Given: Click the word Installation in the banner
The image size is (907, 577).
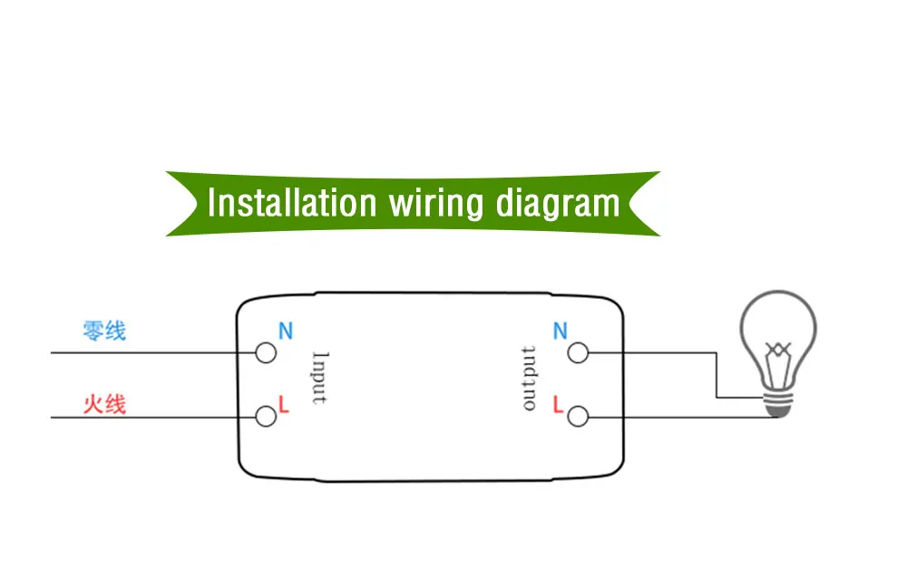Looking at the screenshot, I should (291, 202).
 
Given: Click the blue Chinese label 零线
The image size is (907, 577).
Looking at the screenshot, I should (104, 331).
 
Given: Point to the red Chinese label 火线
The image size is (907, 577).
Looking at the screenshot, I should (104, 403).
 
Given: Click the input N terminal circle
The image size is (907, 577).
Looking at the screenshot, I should (266, 352).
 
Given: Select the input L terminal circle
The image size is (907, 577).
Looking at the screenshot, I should (266, 417).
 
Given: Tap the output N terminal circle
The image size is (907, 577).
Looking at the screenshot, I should (578, 352).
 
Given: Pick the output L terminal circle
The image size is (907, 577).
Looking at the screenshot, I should (578, 417).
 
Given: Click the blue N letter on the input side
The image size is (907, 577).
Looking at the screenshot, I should (286, 332).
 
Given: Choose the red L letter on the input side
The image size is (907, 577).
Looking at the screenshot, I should (284, 405).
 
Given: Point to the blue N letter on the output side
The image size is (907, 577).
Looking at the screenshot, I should (560, 332).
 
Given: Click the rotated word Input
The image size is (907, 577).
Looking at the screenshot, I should (319, 377).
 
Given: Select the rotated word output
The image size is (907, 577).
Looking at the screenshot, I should (530, 378).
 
